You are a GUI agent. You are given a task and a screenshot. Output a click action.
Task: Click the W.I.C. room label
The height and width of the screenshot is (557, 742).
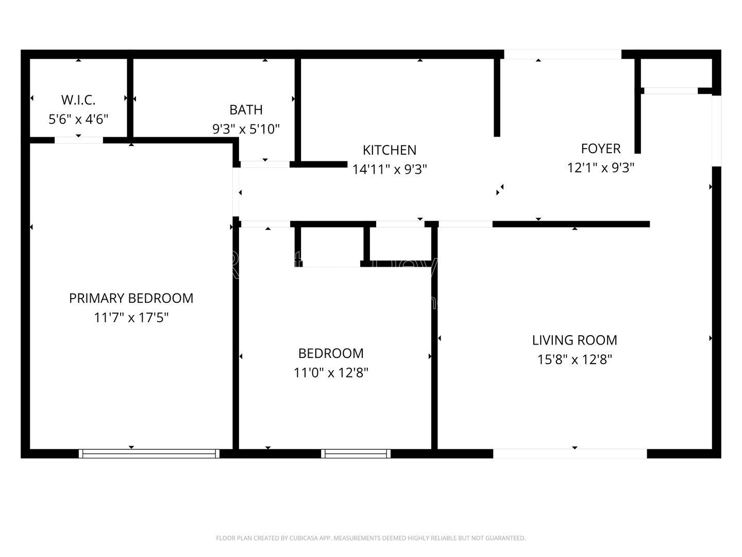pos(78,100)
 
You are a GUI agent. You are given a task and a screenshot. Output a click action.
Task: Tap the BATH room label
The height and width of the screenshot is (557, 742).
pos(246,110)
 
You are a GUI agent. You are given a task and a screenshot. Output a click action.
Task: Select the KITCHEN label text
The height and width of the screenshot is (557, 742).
pos(390,150)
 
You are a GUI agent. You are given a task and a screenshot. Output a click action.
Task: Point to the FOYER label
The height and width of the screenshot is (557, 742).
pos(600,149)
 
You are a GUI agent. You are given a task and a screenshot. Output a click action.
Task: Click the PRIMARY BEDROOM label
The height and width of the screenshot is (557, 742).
pos(131,298)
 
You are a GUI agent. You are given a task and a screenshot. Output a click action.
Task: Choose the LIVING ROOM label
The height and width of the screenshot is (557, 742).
pos(575,340)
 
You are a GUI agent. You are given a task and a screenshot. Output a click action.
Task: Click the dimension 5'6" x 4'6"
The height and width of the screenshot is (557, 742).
pos(78,120)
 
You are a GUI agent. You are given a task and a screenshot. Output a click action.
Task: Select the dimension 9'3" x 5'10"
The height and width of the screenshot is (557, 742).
pos(246,129)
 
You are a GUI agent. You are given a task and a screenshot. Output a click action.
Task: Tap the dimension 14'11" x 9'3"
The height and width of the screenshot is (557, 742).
pos(390,169)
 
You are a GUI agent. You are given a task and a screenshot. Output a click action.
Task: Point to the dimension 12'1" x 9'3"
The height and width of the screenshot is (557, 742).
pos(600,168)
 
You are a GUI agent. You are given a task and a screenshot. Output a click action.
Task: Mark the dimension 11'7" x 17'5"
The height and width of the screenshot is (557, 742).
pos(131,318)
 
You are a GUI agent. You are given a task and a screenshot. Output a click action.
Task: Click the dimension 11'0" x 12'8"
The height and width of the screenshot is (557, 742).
pos(331,372)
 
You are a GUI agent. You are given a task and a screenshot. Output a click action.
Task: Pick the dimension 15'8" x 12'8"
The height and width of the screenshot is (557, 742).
pos(575,359)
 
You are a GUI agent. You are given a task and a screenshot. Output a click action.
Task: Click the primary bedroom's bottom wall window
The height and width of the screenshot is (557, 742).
pos(149,454)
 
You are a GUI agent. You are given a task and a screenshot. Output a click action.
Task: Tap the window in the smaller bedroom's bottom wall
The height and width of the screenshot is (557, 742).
pos(356,454)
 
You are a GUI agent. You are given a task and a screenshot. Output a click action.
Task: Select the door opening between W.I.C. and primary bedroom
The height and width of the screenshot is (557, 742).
pos(78,140)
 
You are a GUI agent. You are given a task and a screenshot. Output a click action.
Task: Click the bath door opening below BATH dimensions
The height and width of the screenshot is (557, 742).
pos(265,165)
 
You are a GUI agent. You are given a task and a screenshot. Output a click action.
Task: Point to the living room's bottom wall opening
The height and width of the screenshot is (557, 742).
pos(570,454)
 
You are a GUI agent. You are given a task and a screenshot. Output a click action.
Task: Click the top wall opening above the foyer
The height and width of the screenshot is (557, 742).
pos(562,54)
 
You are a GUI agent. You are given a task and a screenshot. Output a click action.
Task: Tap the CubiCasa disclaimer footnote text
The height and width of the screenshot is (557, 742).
pos(370,538)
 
